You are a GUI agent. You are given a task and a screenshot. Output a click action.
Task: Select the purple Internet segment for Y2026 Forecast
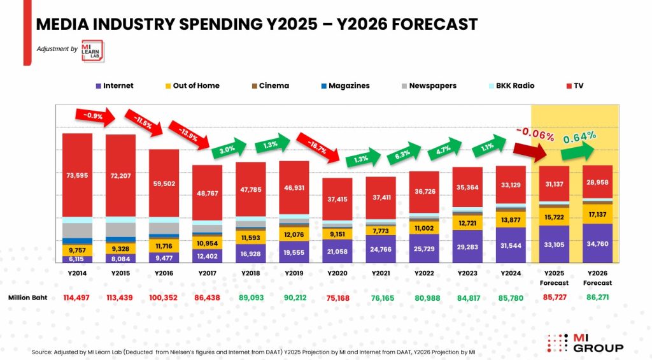(597, 243)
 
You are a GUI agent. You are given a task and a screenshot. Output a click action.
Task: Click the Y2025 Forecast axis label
(554, 278)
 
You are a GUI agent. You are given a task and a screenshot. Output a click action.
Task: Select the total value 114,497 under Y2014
(77, 298)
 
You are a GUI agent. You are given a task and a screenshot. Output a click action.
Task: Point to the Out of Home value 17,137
(597, 213)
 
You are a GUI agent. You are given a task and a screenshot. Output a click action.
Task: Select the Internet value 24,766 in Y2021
(381, 248)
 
